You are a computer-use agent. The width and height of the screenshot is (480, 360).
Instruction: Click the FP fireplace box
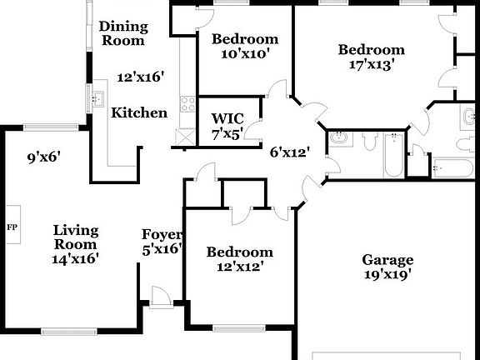pos(12,227)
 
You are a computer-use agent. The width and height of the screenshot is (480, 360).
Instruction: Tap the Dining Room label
pos(122,32)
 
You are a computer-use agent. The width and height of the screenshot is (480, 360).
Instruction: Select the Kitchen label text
pos(139,112)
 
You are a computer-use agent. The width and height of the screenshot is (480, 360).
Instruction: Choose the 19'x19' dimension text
pos(387,274)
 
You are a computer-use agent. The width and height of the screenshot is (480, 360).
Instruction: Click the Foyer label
pos(161,234)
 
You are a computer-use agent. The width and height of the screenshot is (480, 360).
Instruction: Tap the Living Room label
pos(76,237)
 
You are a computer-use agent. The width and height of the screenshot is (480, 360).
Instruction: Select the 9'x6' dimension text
pos(45,156)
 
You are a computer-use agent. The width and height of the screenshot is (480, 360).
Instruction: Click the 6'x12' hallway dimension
pos(289,152)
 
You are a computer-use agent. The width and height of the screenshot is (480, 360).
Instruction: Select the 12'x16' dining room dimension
pos(139,77)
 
